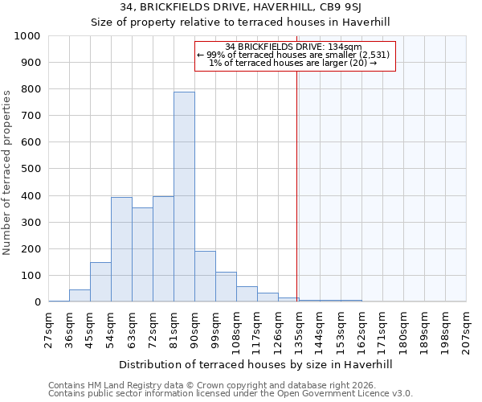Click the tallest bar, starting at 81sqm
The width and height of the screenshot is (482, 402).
click(x=184, y=197)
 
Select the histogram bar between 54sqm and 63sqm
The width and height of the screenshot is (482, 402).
click(x=121, y=249)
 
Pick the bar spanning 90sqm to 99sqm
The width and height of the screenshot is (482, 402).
click(x=205, y=277)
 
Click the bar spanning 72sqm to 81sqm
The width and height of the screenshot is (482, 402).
click(x=163, y=249)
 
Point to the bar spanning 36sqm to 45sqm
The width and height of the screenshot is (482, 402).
click(x=80, y=296)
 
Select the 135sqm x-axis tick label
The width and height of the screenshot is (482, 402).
click(x=300, y=330)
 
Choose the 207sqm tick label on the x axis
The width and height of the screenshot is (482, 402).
click(x=467, y=330)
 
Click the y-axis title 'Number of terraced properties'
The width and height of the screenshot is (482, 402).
click(x=7, y=172)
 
